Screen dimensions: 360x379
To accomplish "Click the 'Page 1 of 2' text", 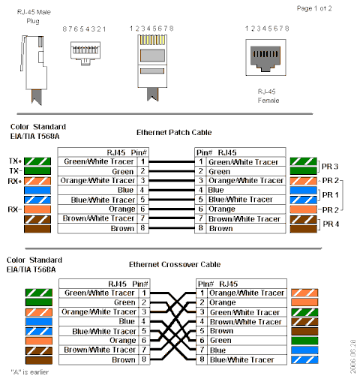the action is [314, 8].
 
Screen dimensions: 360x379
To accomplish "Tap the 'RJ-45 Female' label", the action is [268, 96].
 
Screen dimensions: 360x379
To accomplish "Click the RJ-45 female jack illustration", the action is [265, 57].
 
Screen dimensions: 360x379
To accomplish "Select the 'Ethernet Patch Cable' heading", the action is [174, 132].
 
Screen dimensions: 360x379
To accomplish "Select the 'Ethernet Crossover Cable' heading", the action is [175, 264].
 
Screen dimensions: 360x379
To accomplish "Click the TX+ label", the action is [15, 161].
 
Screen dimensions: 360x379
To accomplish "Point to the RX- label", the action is [15, 209].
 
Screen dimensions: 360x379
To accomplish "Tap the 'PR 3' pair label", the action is [330, 167].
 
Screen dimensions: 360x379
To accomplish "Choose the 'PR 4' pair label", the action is [331, 224].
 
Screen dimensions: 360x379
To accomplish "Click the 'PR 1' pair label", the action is [330, 195].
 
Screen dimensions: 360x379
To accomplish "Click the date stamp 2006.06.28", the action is [352, 356].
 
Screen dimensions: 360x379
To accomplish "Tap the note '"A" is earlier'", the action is [30, 372].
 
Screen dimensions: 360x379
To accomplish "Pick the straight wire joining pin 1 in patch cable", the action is [172, 162].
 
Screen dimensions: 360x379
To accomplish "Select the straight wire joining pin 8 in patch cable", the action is [172, 228].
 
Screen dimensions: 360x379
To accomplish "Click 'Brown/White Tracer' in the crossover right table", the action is [246, 322].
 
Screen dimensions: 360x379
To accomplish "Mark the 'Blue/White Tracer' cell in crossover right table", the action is [242, 359].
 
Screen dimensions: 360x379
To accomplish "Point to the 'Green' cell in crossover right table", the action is [220, 340].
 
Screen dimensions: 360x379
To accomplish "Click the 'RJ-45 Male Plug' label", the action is [34, 17].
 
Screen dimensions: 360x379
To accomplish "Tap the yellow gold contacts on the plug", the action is [152, 40].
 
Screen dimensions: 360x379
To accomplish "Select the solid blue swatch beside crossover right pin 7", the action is [304, 350].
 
